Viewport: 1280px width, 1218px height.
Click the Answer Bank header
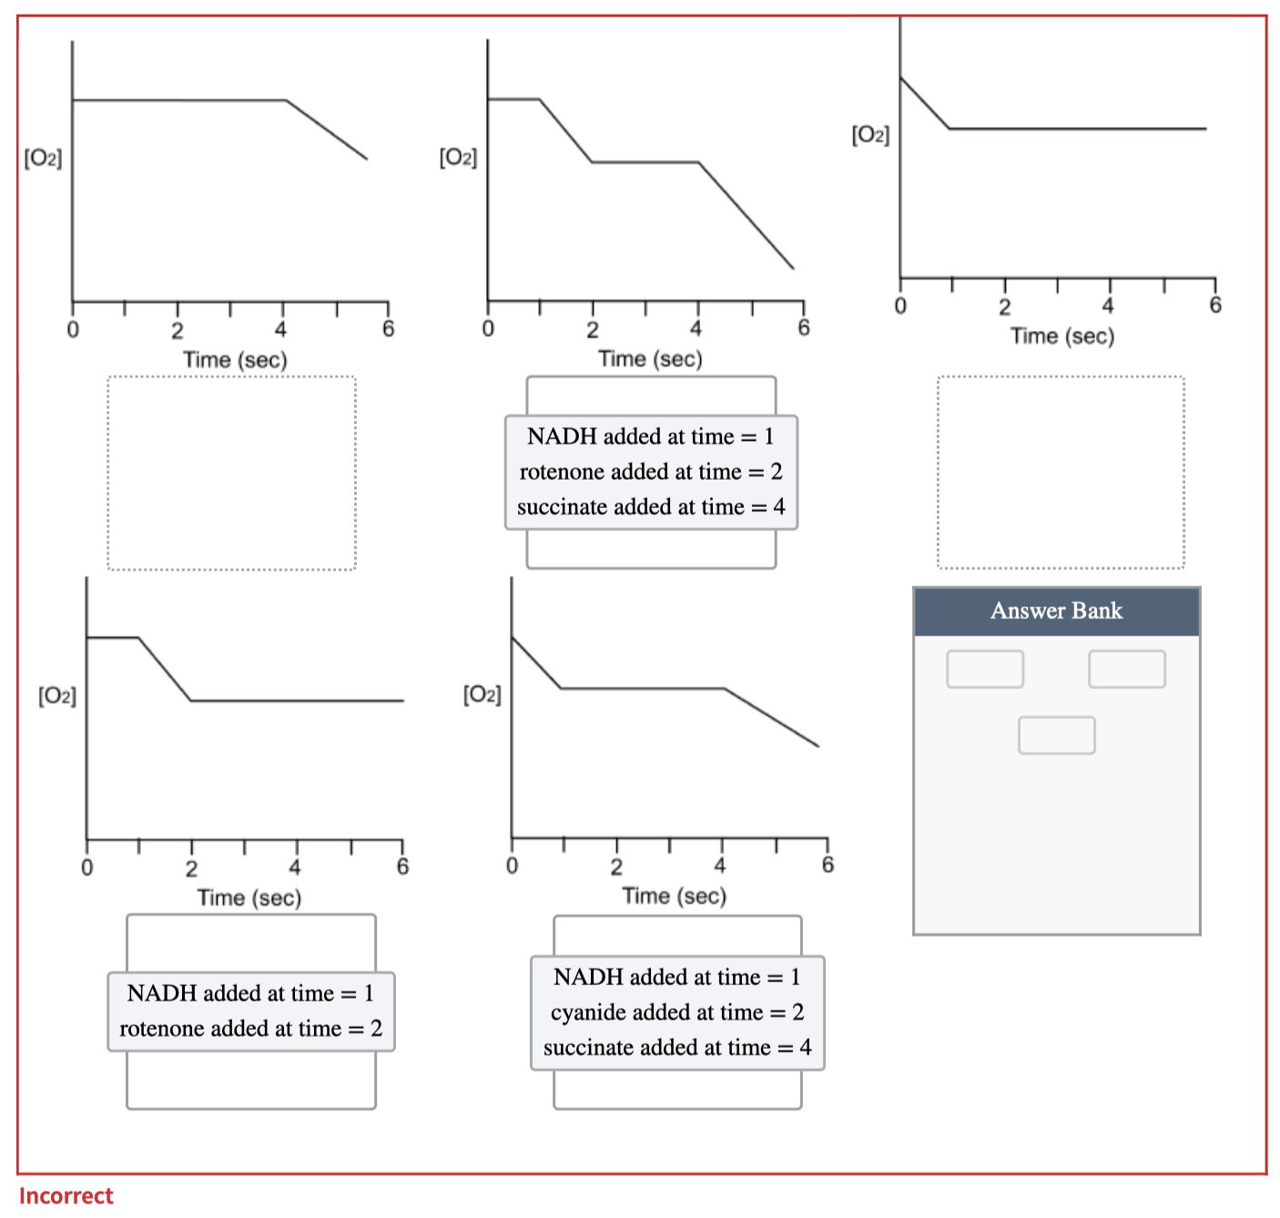[1056, 611]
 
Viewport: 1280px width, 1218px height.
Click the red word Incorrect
[66, 1195]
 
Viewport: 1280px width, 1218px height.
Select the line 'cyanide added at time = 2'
[677, 1012]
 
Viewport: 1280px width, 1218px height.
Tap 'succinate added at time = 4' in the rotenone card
[651, 507]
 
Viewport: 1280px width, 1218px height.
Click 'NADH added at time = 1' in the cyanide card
[677, 977]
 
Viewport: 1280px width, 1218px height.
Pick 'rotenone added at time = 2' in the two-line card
[250, 1029]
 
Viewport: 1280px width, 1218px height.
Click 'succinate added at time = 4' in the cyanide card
[677, 1048]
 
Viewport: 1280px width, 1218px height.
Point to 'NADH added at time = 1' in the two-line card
[250, 993]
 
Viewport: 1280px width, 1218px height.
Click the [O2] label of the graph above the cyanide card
[482, 695]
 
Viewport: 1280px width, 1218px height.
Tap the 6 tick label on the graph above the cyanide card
[828, 865]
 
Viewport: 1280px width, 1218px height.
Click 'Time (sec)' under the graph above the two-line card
[249, 898]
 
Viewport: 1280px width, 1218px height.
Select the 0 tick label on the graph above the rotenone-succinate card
[488, 329]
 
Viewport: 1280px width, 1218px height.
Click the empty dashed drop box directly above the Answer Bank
[1061, 472]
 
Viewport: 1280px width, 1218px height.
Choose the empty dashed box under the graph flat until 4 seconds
[231, 473]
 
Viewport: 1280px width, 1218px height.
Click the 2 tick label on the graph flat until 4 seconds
[178, 330]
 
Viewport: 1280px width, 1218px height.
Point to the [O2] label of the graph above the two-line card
[56, 696]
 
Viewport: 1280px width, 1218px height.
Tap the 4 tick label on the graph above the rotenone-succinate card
[696, 329]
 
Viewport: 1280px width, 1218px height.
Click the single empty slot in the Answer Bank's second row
[1056, 736]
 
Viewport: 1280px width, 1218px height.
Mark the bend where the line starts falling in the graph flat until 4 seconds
[286, 100]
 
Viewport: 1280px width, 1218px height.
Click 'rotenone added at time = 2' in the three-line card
[651, 472]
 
